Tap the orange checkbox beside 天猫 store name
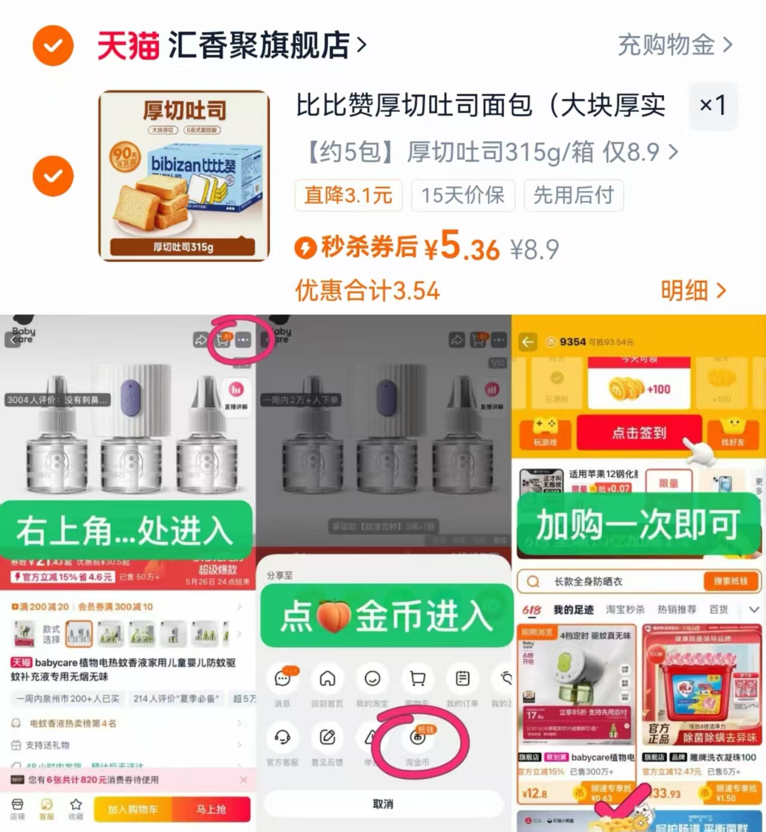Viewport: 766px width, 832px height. point(53,46)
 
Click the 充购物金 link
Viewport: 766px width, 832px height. point(674,45)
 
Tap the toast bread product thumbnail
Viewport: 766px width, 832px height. point(184,176)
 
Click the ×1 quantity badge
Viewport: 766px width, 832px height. point(712,106)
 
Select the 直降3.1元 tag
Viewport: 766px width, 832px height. point(348,195)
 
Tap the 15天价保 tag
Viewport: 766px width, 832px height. point(462,195)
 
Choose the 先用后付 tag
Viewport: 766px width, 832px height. point(573,195)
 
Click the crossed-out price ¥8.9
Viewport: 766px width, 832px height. point(534,249)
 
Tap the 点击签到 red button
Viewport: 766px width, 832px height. point(638,432)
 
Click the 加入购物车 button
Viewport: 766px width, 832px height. point(132,809)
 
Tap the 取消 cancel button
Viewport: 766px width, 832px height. point(383,804)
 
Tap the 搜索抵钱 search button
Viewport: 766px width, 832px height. point(729,581)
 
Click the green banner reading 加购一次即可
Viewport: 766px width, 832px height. point(638,525)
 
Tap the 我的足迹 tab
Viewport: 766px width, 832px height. point(573,610)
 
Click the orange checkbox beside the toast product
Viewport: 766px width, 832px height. point(53,176)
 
